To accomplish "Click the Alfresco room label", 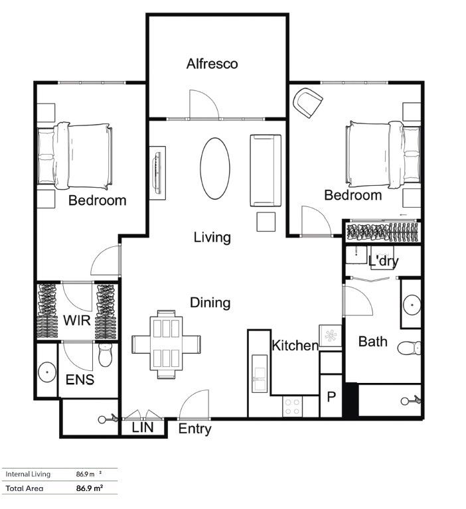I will pyautogui.click(x=212, y=64).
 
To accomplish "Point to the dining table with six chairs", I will pyautogui.click(x=166, y=344).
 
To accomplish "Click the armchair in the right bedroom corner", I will pyautogui.click(x=308, y=102).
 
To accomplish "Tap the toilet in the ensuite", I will pyautogui.click(x=106, y=354).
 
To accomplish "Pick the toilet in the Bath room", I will pyautogui.click(x=410, y=347).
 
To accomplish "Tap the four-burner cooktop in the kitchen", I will pyautogui.click(x=293, y=406).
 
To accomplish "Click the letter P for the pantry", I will pyautogui.click(x=331, y=398).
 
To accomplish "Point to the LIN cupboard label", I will pyautogui.click(x=143, y=428).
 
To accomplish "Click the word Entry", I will pyautogui.click(x=194, y=429).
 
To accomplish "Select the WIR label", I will pyautogui.click(x=77, y=320).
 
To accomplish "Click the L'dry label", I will pyautogui.click(x=383, y=261).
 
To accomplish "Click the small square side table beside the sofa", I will pyautogui.click(x=267, y=222).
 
